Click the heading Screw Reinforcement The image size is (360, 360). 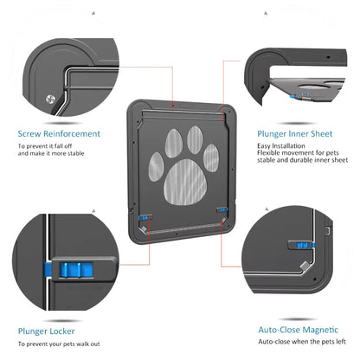[x=59, y=134]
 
